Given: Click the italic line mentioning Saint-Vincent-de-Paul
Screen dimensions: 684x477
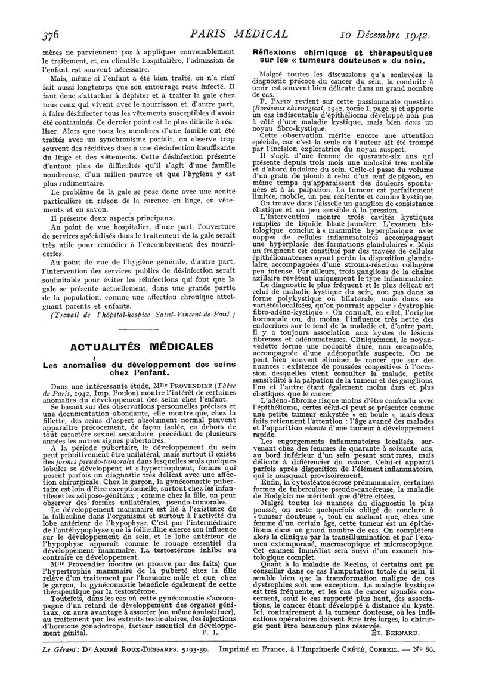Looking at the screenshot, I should click(136, 314).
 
